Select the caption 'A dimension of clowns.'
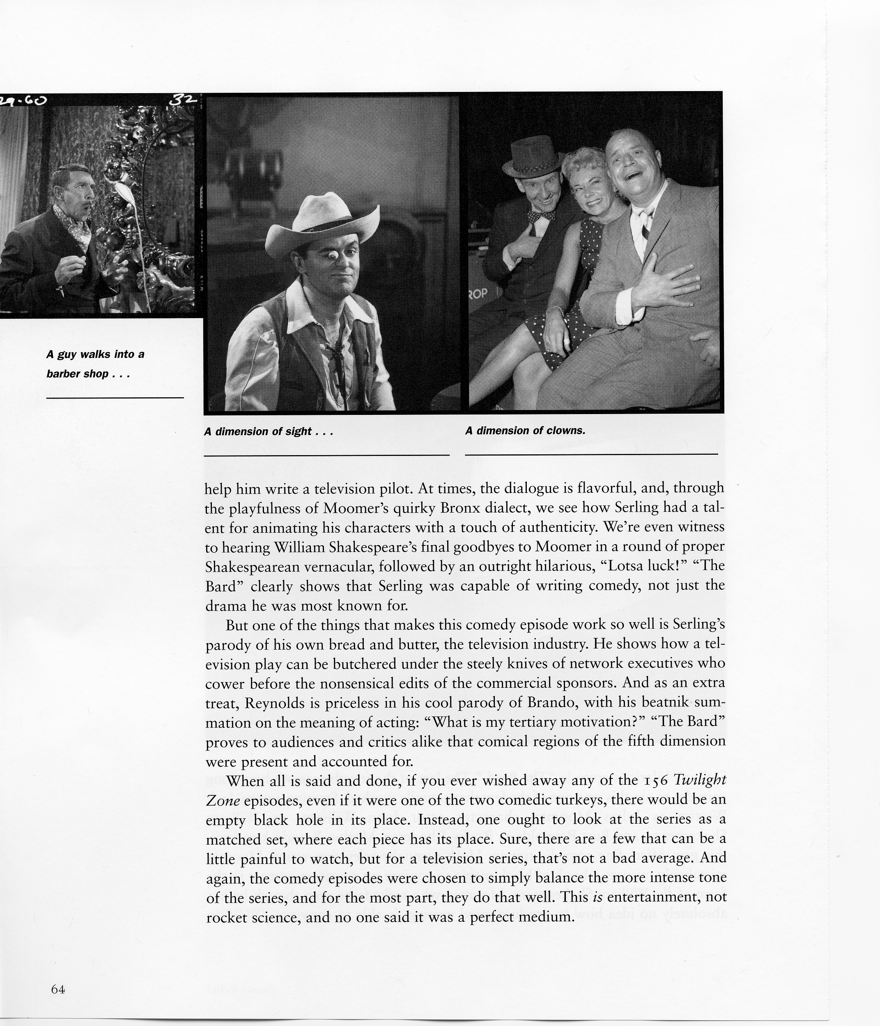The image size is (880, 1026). coord(525,431)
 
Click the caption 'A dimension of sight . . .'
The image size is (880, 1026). coord(268,431)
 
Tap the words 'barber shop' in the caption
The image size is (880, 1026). coord(78,374)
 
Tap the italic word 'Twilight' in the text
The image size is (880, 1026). coord(700,781)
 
